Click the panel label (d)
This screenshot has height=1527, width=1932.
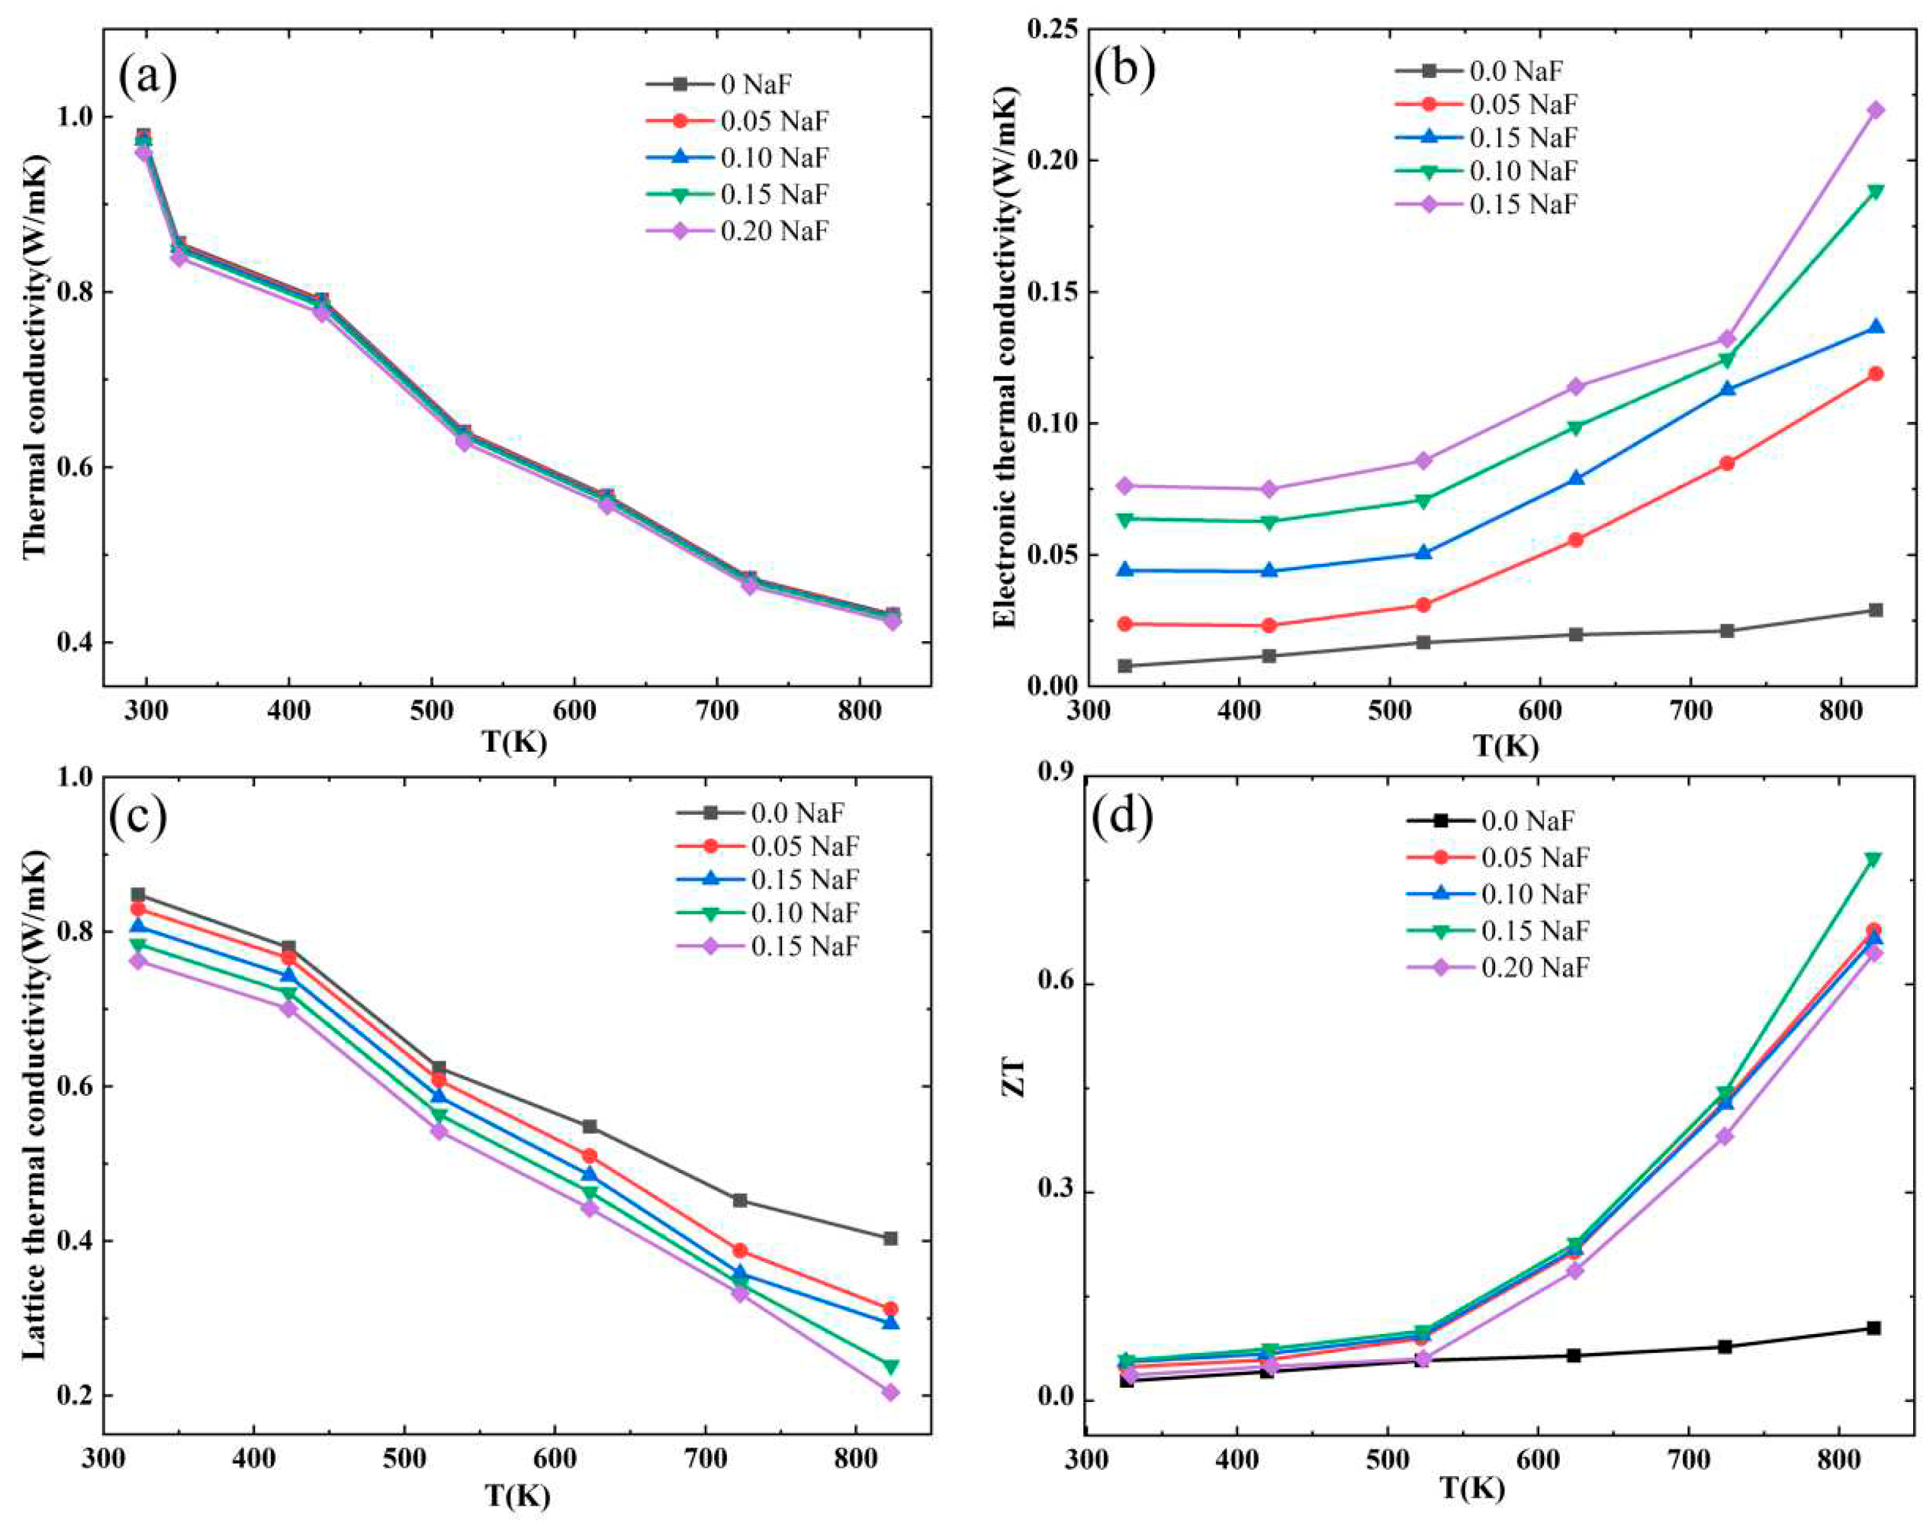pyautogui.click(x=1122, y=818)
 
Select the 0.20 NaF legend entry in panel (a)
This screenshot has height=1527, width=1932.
pyautogui.click(x=774, y=231)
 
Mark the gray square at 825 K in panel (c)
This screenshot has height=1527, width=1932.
pyautogui.click(x=890, y=1238)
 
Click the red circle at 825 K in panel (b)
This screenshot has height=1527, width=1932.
pyautogui.click(x=1875, y=373)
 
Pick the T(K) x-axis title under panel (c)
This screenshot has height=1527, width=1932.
pyautogui.click(x=517, y=1495)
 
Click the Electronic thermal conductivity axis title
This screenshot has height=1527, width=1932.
pyautogui.click(x=1006, y=358)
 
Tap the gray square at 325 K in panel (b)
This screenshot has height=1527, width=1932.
pyautogui.click(x=1125, y=666)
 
